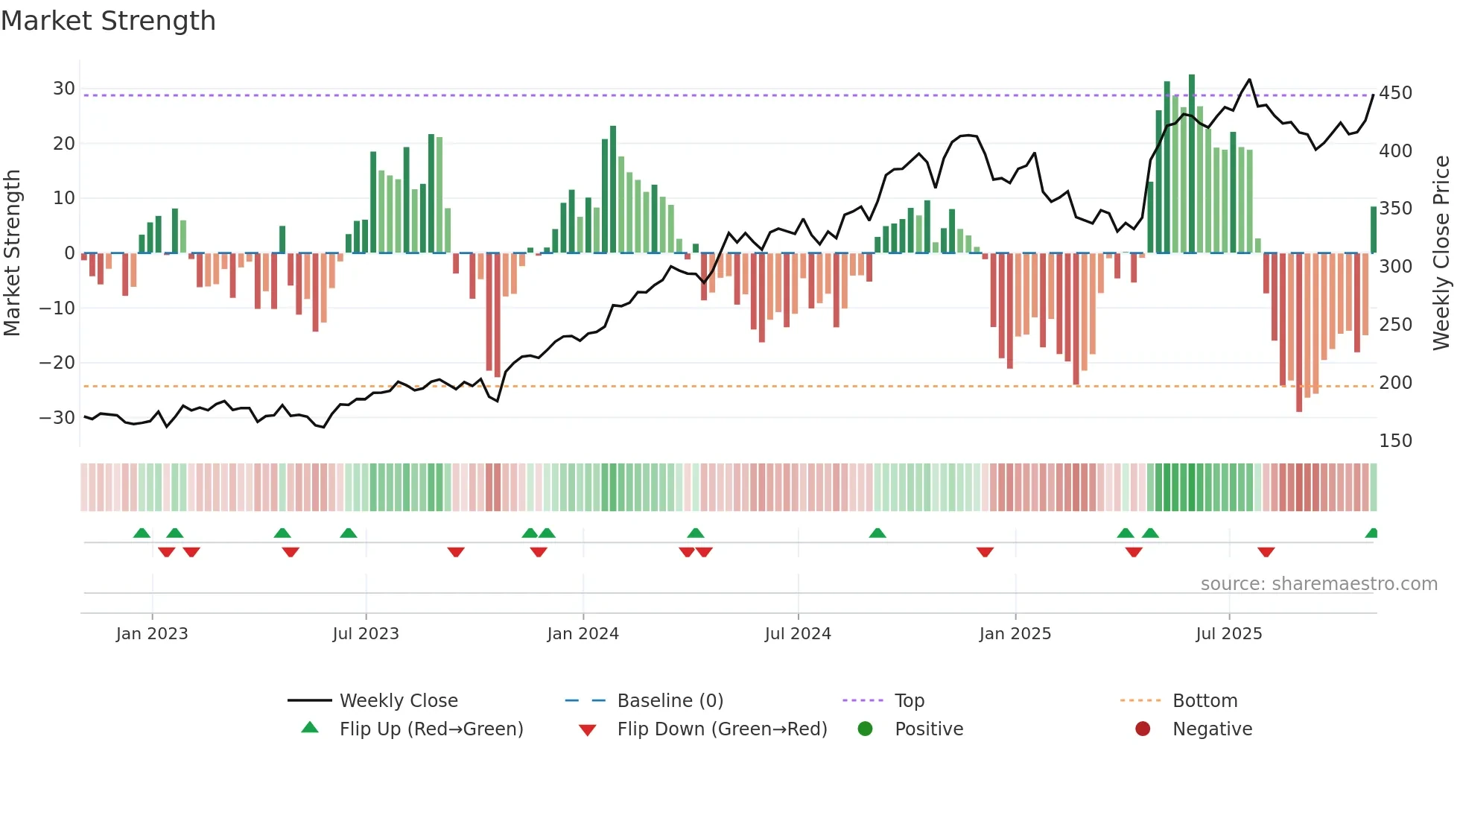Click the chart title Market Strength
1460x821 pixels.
click(x=108, y=21)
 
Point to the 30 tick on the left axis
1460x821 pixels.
click(x=63, y=89)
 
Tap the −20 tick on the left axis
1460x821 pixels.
click(x=57, y=363)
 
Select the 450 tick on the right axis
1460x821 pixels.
click(x=1395, y=93)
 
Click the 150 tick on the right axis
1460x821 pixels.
click(x=1395, y=441)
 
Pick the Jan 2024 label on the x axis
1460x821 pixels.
click(x=583, y=634)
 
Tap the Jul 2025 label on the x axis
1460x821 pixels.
click(x=1228, y=634)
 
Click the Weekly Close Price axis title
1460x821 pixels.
click(x=1441, y=253)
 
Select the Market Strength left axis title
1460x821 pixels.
click(x=13, y=253)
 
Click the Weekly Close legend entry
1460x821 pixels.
click(x=399, y=701)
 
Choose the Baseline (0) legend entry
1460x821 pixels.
click(x=670, y=701)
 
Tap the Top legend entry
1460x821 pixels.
click(x=909, y=701)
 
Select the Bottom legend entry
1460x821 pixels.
click(x=1204, y=701)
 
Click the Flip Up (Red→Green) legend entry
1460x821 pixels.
click(x=431, y=729)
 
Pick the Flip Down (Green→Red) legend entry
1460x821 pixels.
click(x=721, y=729)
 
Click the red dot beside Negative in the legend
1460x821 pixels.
click(x=1143, y=729)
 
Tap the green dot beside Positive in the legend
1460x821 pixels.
click(x=865, y=729)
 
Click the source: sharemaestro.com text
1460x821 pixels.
click(x=1318, y=584)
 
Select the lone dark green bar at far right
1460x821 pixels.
click(x=1373, y=229)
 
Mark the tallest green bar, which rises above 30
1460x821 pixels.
click(x=1192, y=164)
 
